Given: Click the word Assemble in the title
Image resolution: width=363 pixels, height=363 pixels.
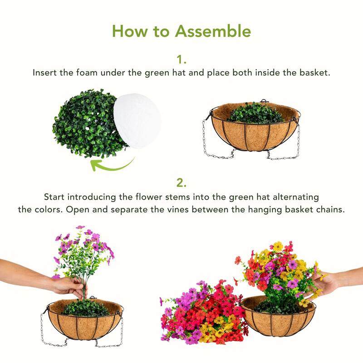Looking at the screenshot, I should tap(213, 31).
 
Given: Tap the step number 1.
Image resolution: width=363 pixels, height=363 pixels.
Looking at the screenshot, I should tap(181, 59).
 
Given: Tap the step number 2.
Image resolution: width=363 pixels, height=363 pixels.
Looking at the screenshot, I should tap(181, 183).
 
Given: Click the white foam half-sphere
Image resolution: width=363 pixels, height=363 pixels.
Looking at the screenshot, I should tap(137, 119).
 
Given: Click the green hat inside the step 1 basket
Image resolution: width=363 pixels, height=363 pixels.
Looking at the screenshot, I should tap(255, 113).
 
